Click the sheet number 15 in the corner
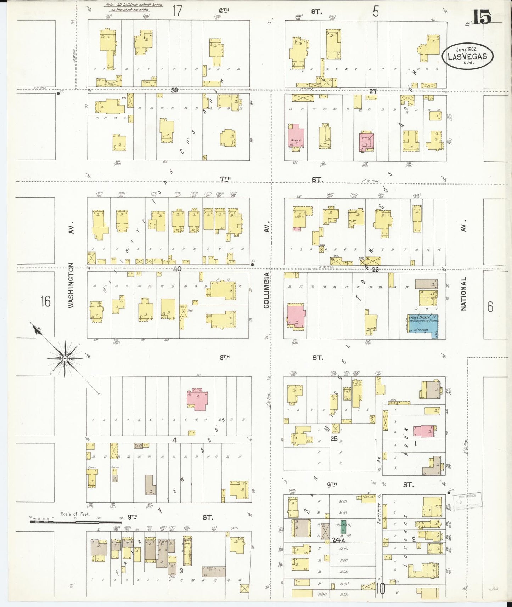pyautogui.click(x=481, y=17)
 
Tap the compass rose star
pyautogui.click(x=65, y=358)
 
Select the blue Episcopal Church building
pyautogui.click(x=423, y=324)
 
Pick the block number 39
pyautogui.click(x=174, y=90)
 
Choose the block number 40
pyautogui.click(x=177, y=269)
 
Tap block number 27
pyautogui.click(x=373, y=91)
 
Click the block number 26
pyautogui.click(x=375, y=270)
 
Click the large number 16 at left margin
pyautogui.click(x=45, y=301)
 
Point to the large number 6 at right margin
pyautogui.click(x=490, y=307)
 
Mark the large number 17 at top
pyautogui.click(x=177, y=11)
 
